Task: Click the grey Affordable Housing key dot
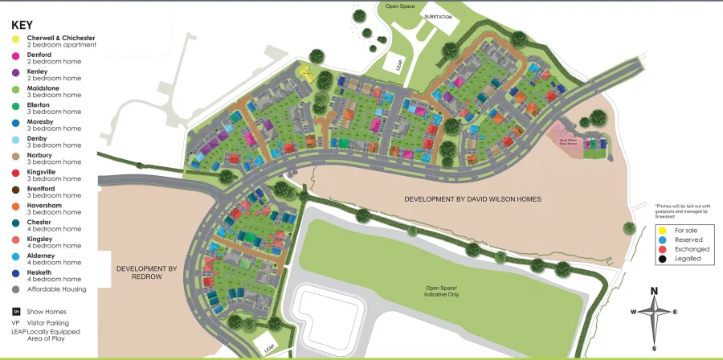(15, 289)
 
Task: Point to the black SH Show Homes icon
(15, 311)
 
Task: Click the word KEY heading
(22, 25)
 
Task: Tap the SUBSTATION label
(439, 17)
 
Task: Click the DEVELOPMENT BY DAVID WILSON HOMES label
(472, 199)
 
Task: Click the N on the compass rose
(655, 291)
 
